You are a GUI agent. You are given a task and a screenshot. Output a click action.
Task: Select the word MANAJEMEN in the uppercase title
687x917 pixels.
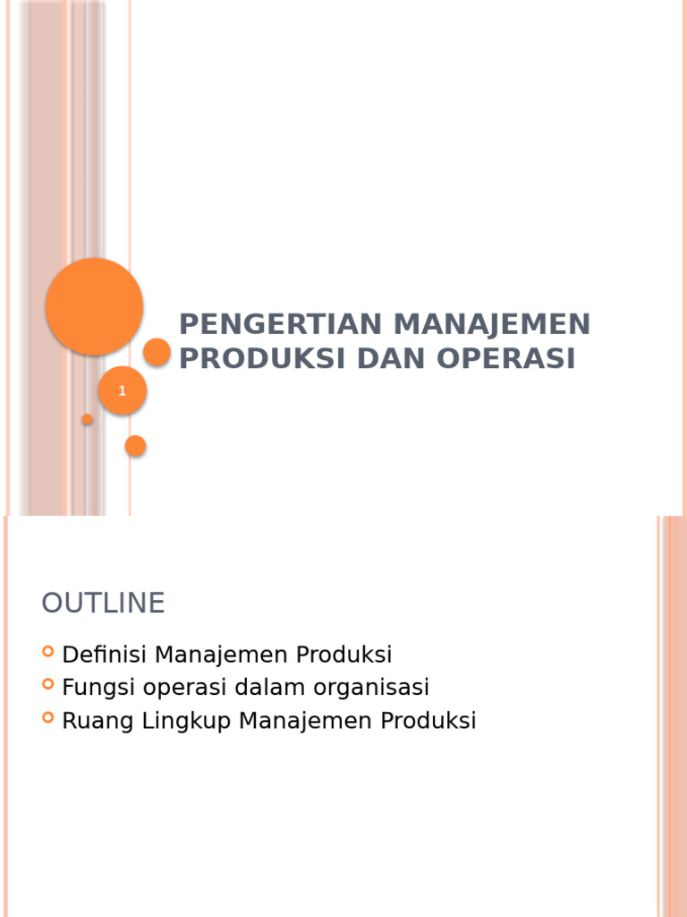click(491, 324)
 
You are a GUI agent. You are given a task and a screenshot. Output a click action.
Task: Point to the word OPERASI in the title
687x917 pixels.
click(505, 357)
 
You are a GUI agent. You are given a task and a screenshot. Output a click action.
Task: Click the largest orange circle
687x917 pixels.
click(94, 306)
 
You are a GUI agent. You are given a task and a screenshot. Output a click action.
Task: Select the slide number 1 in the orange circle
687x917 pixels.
click(122, 391)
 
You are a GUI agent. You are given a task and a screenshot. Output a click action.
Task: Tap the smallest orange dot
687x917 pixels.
click(87, 419)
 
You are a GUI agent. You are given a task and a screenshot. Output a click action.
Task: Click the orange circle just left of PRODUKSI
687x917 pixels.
click(157, 352)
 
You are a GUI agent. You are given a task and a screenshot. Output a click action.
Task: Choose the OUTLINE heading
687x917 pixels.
click(103, 604)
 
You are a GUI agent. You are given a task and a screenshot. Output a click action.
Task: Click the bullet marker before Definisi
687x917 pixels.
click(48, 652)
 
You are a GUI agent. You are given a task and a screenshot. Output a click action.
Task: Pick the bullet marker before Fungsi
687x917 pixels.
click(48, 685)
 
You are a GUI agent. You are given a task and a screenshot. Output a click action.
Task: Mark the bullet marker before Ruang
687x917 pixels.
click(48, 718)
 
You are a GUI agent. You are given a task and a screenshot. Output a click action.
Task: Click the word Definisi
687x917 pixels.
click(105, 655)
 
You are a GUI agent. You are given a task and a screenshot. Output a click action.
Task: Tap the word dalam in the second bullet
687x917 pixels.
click(267, 688)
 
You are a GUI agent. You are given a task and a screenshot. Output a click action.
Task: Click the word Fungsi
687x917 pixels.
click(98, 688)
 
